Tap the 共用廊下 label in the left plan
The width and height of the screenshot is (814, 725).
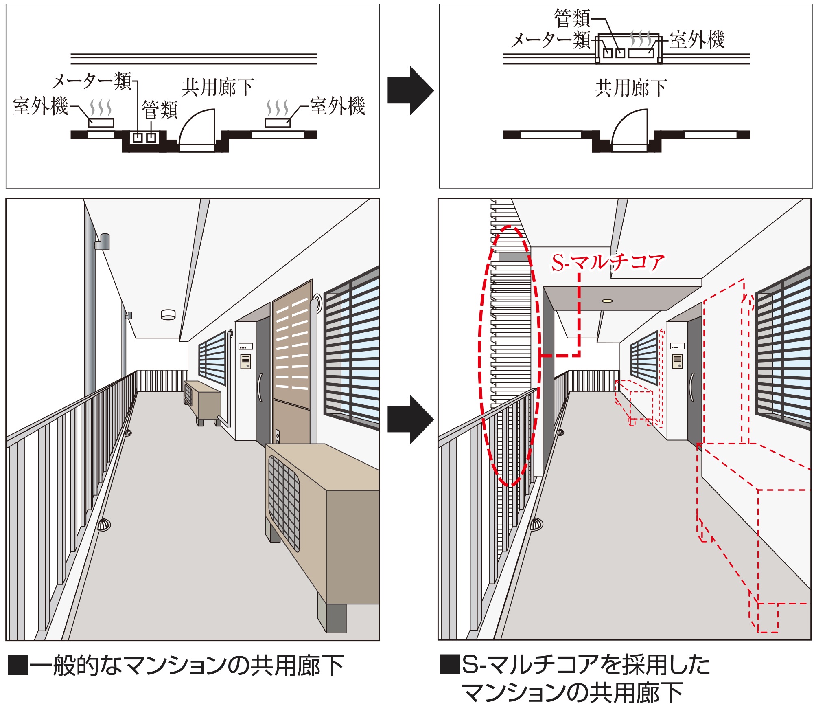click(x=218, y=87)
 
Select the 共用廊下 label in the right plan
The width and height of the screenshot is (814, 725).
click(x=631, y=88)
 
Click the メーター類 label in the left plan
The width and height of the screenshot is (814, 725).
click(x=92, y=81)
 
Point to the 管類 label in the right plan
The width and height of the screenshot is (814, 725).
click(x=572, y=18)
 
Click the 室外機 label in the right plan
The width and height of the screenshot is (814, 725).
click(x=697, y=40)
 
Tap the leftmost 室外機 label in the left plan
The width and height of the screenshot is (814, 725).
click(x=40, y=106)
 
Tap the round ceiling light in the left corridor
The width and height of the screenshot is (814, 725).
click(x=168, y=314)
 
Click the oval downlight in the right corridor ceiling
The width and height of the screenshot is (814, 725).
click(x=607, y=301)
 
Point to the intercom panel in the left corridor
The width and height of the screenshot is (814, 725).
click(x=245, y=360)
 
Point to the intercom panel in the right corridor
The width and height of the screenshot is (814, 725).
click(x=677, y=360)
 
